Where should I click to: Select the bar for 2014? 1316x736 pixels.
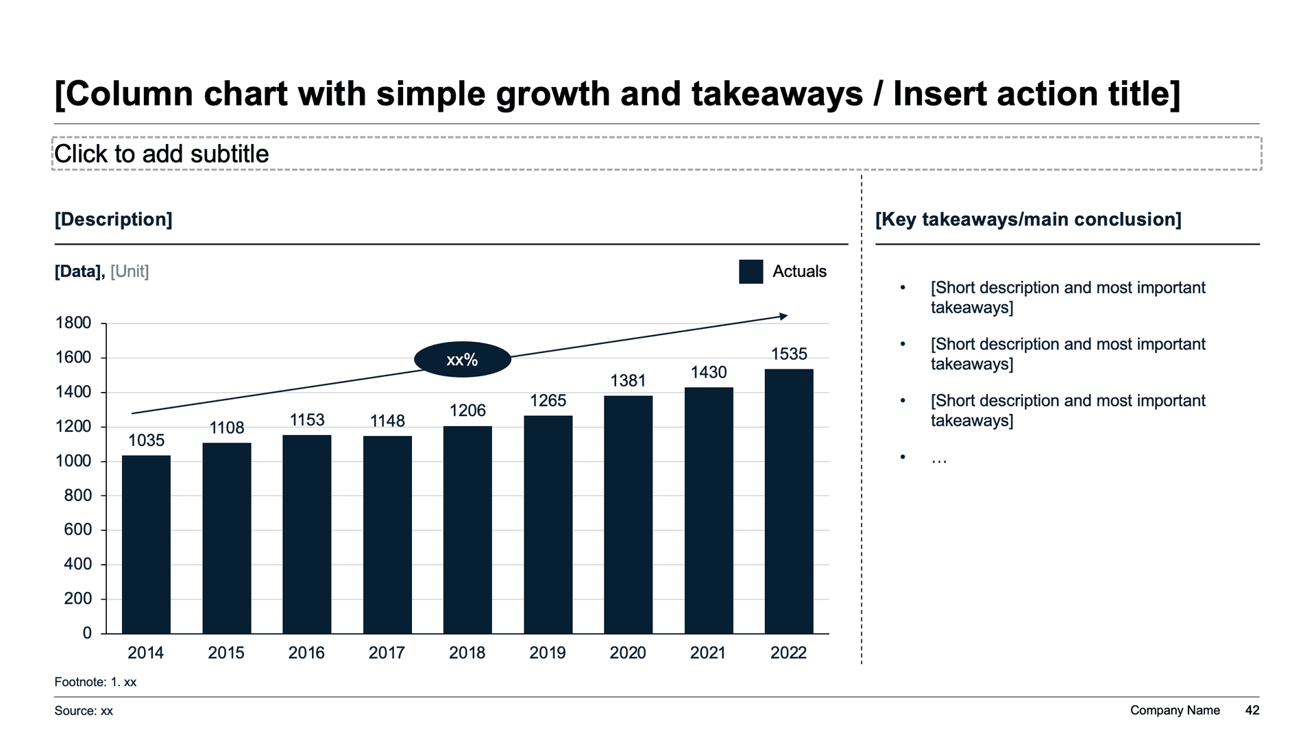(x=146, y=544)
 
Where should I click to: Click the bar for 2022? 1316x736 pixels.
(x=789, y=501)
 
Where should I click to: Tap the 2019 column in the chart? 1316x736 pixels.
(x=548, y=524)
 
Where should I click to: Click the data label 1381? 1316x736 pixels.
(x=628, y=381)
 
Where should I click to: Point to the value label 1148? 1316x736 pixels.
(x=387, y=421)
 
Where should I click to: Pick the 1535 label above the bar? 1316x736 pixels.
(x=789, y=354)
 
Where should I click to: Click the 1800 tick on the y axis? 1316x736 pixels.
(x=73, y=323)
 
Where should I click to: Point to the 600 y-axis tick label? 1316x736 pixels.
(x=77, y=530)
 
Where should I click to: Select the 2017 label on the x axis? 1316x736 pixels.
(x=387, y=653)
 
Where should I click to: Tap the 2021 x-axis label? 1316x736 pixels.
(x=708, y=653)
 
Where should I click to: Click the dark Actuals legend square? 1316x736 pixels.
(x=751, y=271)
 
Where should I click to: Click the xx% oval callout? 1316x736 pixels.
(x=463, y=360)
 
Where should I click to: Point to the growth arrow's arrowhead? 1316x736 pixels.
(x=784, y=316)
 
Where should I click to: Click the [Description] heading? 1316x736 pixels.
(x=114, y=219)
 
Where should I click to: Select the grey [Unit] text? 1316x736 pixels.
(x=130, y=271)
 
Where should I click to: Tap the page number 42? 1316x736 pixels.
(x=1252, y=711)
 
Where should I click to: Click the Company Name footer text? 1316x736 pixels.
(x=1175, y=711)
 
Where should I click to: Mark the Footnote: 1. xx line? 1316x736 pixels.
(x=96, y=683)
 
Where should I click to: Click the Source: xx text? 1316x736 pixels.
(x=84, y=711)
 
